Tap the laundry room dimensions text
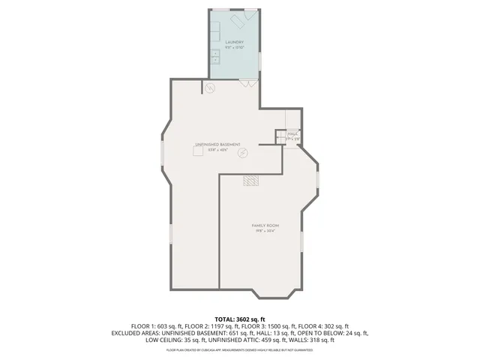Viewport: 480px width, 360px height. (x=234, y=48)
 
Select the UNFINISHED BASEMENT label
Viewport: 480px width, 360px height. (x=217, y=144)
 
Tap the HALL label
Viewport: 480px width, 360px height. (x=292, y=133)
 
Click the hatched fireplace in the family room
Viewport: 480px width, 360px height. (x=250, y=181)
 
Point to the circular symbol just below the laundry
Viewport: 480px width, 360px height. (x=211, y=88)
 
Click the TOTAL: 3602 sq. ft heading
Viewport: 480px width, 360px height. (x=240, y=319)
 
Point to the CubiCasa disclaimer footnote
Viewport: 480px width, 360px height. (x=240, y=349)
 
